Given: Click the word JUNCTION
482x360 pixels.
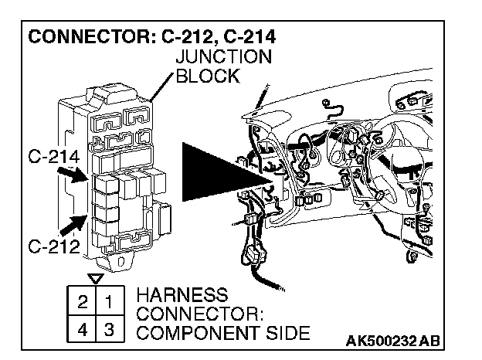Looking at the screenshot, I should pos(224,56).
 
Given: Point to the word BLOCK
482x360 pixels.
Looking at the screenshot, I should pos(208,76).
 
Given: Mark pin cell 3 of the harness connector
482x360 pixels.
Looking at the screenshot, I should pos(110,328).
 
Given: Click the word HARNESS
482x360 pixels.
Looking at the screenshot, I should pos(182,296).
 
